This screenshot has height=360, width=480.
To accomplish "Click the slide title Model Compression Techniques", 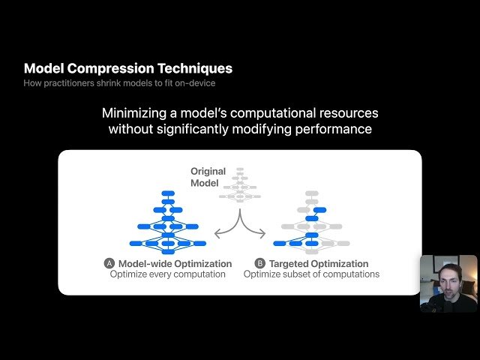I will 128,68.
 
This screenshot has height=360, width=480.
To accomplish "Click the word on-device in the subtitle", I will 196,82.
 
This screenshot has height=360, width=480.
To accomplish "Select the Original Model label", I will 208,177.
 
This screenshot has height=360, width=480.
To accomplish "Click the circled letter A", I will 109,264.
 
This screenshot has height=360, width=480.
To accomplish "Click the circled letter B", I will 260,264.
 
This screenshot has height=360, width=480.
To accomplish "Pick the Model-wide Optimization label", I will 175,264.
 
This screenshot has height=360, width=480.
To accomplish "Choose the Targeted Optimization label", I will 319,264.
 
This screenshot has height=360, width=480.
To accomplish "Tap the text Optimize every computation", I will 167,274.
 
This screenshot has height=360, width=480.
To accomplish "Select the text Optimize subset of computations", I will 311,274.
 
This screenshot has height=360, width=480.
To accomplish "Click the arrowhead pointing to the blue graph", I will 217,235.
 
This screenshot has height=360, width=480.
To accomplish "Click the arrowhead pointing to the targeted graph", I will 262,235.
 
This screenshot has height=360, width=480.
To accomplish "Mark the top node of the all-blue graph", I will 168,193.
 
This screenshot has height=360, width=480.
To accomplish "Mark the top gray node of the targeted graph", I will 311,193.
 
